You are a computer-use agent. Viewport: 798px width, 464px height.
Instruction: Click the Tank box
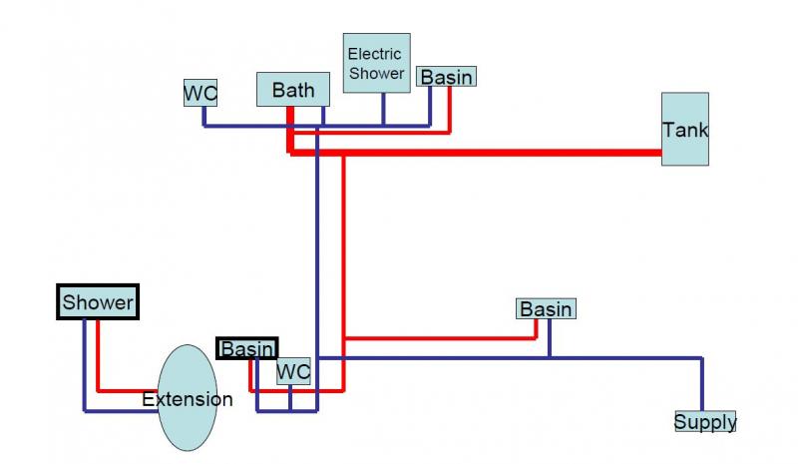click(685, 129)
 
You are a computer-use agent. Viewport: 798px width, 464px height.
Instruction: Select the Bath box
click(292, 89)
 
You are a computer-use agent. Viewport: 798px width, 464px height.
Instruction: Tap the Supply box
click(705, 421)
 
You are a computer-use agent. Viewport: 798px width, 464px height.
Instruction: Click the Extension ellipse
click(188, 399)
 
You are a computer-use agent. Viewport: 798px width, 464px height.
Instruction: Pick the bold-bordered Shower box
click(97, 301)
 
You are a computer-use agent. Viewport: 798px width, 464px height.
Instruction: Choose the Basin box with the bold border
click(247, 348)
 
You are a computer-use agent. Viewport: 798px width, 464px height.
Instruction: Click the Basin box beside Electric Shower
click(446, 76)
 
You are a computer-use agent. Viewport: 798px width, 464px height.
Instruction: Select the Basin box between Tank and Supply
click(546, 308)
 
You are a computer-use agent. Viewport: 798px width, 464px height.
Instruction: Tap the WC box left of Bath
click(200, 93)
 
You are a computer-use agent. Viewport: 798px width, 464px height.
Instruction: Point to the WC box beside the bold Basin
click(293, 371)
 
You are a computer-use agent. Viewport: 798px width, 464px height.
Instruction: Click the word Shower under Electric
click(376, 73)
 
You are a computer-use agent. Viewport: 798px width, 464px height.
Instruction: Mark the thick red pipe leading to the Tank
click(499, 153)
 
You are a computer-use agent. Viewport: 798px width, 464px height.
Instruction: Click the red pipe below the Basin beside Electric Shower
click(450, 108)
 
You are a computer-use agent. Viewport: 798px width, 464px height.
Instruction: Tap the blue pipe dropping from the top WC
click(204, 116)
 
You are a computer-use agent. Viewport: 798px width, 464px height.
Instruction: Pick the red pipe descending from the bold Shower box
click(98, 354)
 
